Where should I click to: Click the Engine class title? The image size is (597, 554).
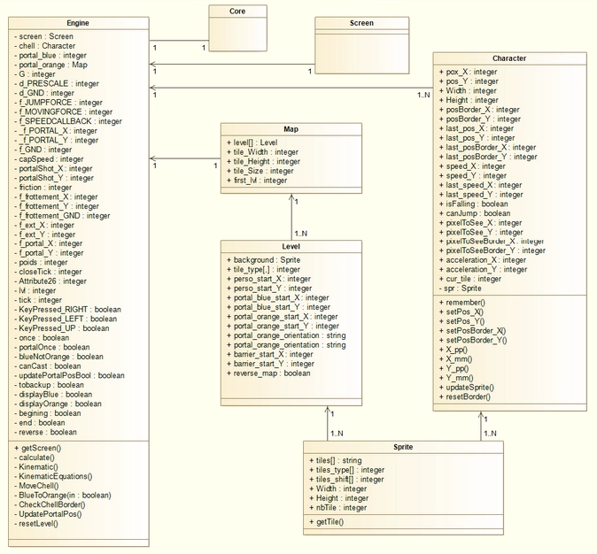tap(77, 21)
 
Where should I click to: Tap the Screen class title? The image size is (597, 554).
tap(361, 23)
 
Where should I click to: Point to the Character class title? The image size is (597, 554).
tap(509, 58)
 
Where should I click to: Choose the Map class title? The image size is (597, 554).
tap(291, 127)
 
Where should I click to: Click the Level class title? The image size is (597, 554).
tap(291, 247)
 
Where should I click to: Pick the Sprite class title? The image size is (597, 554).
tap(405, 448)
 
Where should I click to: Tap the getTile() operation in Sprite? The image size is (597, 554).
tap(329, 522)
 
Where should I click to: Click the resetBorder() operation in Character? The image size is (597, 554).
tap(468, 396)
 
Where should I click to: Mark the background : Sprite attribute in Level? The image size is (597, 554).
tap(267, 260)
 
